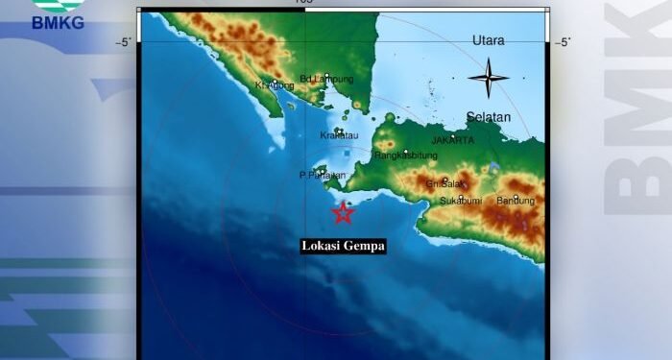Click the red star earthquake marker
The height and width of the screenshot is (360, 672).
[342, 213]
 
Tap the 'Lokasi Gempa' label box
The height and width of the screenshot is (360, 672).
[344, 246]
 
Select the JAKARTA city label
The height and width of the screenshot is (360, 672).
[452, 140]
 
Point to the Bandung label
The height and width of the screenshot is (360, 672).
[516, 201]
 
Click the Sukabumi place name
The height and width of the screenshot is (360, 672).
[460, 201]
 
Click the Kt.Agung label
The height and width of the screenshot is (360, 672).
[274, 85]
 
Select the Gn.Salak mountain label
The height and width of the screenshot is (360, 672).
[446, 183]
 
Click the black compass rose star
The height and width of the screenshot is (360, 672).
[489, 78]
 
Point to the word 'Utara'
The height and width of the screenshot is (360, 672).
[489, 40]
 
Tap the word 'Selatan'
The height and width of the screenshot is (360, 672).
[488, 117]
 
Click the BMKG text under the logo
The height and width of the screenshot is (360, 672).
[59, 23]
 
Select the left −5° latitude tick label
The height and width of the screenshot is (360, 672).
[124, 42]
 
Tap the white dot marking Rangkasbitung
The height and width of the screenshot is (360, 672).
[406, 151]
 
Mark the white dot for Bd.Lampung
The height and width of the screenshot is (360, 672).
[327, 76]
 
